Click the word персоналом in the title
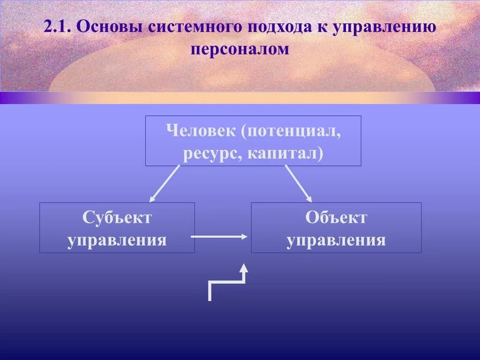click(x=240, y=49)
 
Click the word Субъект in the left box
click(x=117, y=217)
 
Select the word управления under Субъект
click(x=117, y=240)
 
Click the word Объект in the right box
click(x=336, y=217)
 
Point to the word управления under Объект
click(x=336, y=240)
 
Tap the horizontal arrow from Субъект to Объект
click(x=218, y=237)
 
